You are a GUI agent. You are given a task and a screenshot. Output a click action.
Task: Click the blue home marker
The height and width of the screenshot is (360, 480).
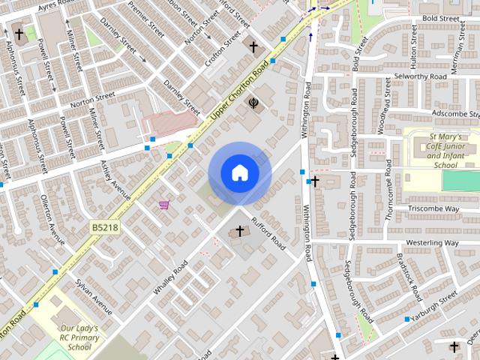[239, 173]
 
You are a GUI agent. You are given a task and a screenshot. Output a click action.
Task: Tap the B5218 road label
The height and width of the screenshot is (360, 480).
[104, 226]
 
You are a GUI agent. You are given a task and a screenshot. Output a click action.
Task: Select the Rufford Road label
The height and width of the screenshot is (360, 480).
[269, 233]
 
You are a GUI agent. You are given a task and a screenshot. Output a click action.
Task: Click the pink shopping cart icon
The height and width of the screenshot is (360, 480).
[163, 205]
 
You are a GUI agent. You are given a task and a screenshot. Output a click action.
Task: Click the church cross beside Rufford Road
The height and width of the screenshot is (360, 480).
[241, 231]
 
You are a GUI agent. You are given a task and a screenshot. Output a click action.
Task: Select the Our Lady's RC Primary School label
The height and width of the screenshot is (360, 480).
[79, 337]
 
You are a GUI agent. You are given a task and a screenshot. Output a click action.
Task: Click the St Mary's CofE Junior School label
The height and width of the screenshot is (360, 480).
[445, 151]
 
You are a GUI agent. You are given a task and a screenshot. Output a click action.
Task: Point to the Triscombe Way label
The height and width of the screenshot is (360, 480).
[433, 208]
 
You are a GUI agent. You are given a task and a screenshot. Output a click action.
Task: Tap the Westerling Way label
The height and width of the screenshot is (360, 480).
[431, 243]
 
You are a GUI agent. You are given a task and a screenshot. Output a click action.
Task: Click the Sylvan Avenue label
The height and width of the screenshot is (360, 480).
[94, 296]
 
